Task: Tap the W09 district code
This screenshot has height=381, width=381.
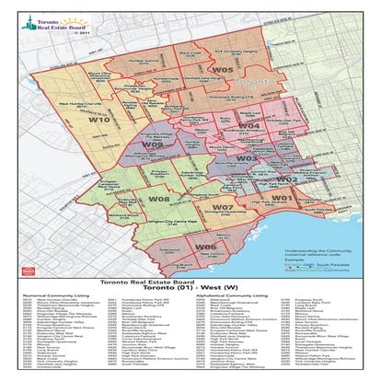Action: tap(152, 145)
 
